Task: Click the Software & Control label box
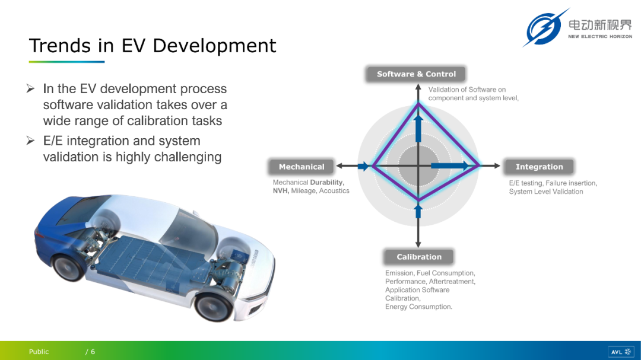point(415,74)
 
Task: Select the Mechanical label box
point(302,167)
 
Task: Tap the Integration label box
point(539,167)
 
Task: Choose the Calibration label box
point(419,257)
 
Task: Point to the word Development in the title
point(214,46)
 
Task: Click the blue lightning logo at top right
point(545,28)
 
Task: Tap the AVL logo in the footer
point(621,352)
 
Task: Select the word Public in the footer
point(39,352)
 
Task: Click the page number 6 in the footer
point(93,352)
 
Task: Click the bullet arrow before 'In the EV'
point(31,88)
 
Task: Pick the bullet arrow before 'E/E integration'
point(31,141)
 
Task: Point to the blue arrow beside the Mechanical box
point(363,166)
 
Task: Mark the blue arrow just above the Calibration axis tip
point(418,211)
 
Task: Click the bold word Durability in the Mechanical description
point(326,182)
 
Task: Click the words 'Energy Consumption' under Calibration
point(418,307)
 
